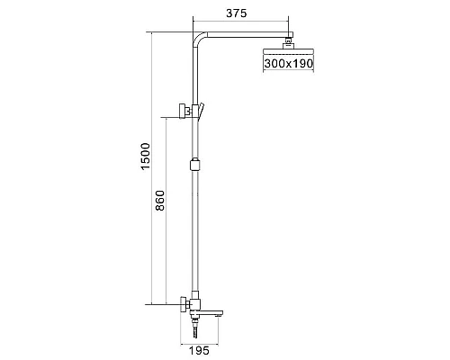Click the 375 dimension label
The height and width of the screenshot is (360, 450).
pos(236,13)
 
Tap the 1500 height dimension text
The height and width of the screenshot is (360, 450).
pos(146,157)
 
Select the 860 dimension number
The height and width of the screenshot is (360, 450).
pos(160,201)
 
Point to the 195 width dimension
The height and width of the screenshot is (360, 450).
pos(199,350)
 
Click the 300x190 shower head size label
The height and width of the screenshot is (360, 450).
pos(289,63)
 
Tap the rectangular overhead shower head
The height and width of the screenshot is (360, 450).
pos(288,51)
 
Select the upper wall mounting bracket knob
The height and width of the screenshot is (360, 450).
pos(183,111)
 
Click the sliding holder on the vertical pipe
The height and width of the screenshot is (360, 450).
pos(194,164)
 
